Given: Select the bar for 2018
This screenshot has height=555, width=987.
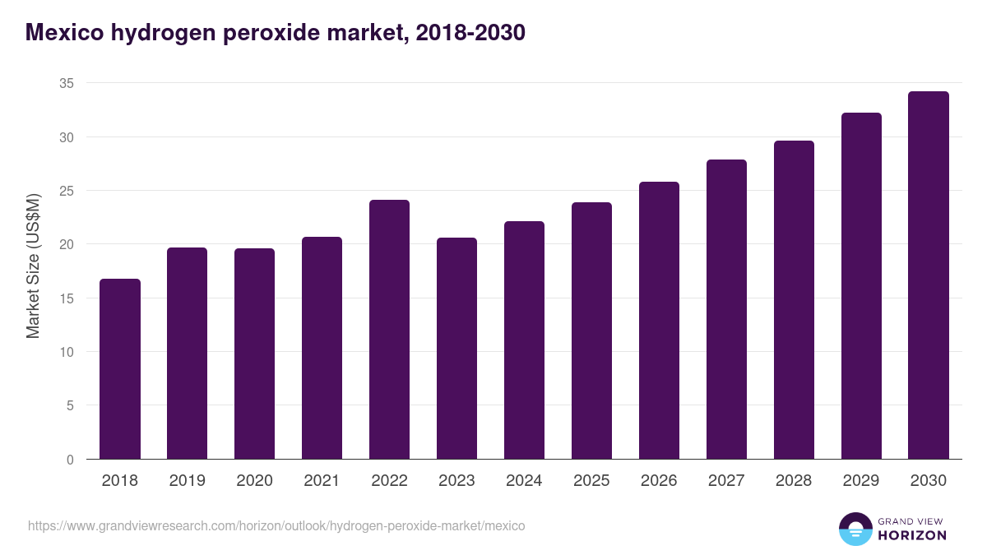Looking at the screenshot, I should [x=120, y=369].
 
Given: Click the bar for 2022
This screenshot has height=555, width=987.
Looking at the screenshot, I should [x=389, y=330].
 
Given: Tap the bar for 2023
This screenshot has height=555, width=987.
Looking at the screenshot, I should [x=456, y=349].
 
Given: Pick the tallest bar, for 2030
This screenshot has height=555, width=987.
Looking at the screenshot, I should [x=929, y=275].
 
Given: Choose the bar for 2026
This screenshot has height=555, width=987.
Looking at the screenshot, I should [x=659, y=321].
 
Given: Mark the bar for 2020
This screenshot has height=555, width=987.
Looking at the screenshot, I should [x=254, y=354].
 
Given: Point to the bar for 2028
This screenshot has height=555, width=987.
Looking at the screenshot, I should [x=794, y=300].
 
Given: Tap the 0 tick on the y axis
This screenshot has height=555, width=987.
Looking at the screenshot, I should [x=70, y=460].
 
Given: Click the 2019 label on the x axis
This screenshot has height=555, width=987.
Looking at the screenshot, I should [x=187, y=481].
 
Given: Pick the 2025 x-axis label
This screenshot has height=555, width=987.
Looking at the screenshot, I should [x=591, y=481].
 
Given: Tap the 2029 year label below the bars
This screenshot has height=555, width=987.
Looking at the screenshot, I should [x=861, y=481].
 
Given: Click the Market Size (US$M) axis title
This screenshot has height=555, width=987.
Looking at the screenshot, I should [x=33, y=266].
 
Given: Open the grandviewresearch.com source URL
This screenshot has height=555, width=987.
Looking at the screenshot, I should [x=276, y=525].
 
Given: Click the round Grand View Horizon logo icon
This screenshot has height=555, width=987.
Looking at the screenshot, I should [x=855, y=529].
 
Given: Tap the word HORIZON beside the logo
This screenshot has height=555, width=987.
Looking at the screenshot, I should [x=912, y=535].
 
